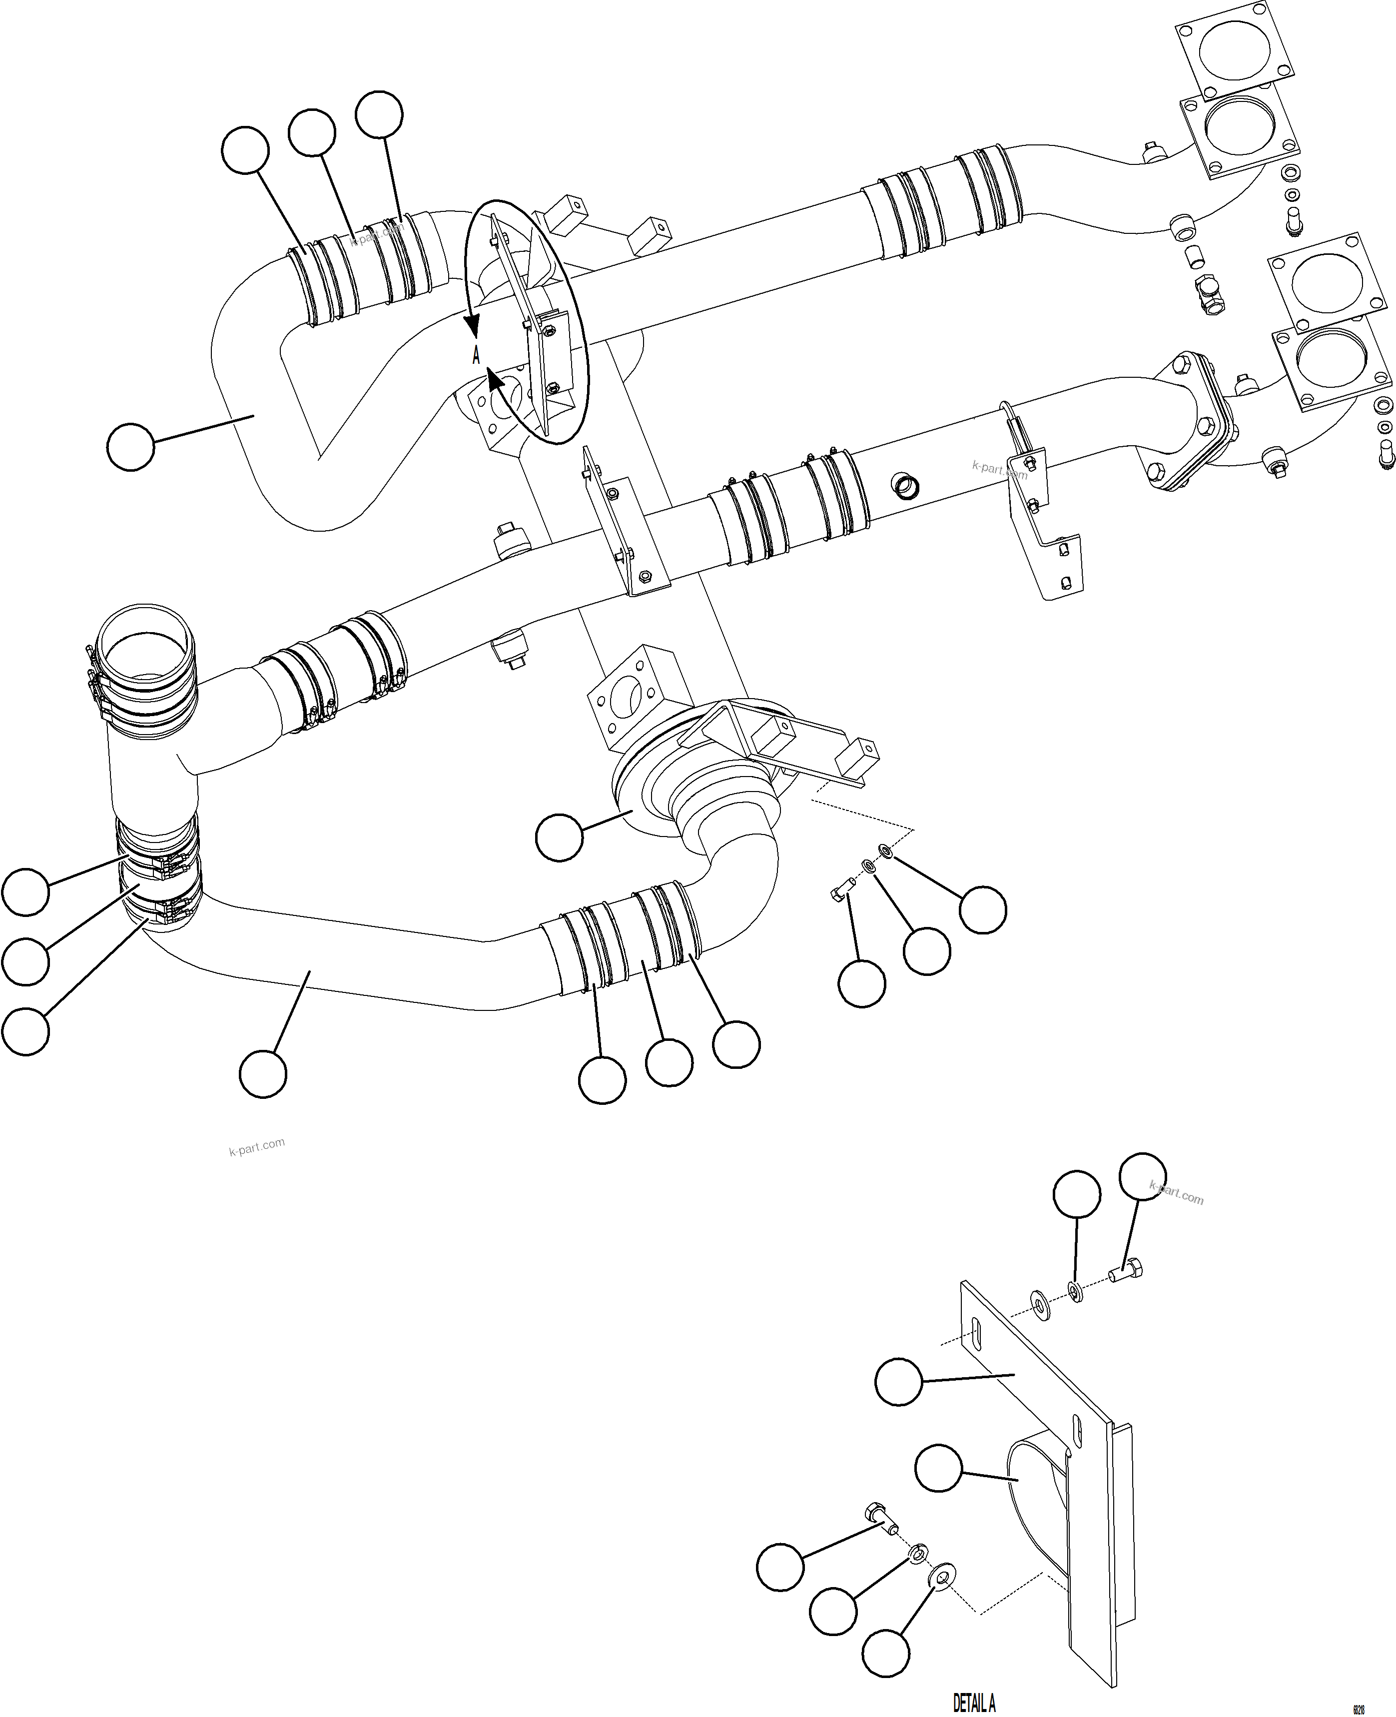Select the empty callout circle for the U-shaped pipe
click(130, 447)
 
